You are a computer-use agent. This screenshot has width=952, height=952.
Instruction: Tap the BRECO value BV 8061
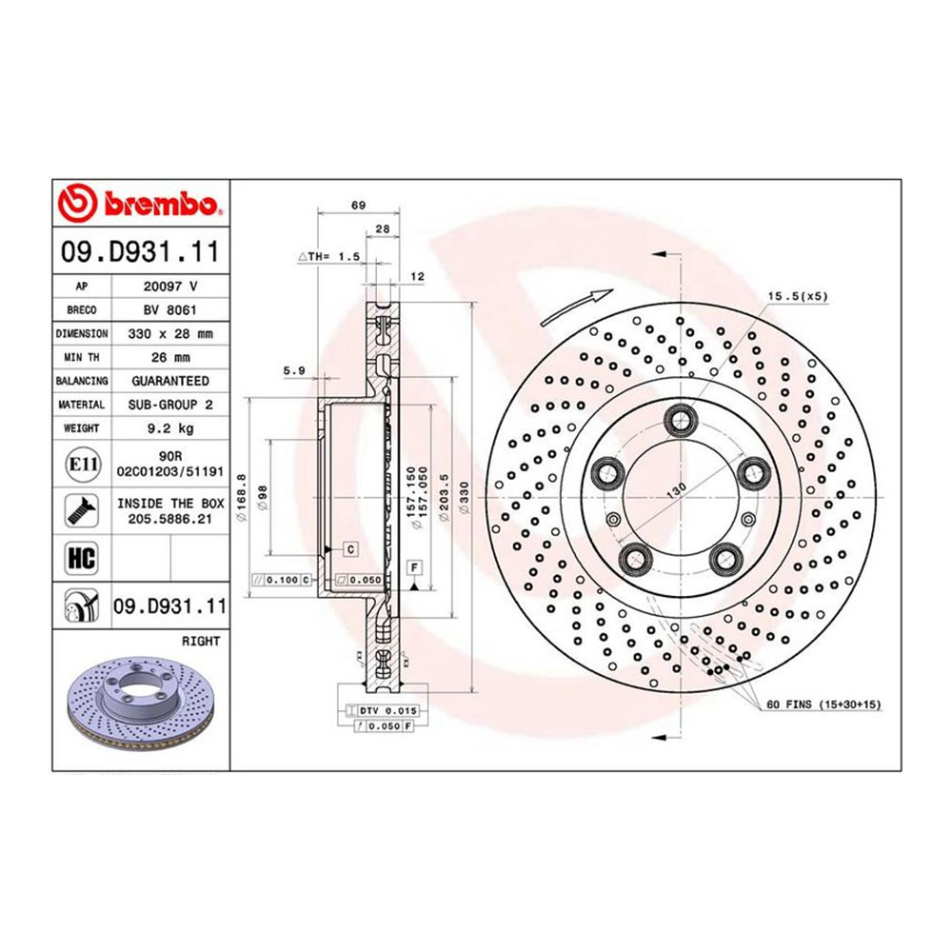tap(162, 309)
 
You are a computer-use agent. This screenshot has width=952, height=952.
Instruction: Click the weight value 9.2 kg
tap(162, 428)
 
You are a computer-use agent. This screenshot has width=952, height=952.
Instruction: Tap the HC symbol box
tap(76, 555)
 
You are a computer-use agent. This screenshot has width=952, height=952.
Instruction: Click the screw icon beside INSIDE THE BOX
tap(78, 510)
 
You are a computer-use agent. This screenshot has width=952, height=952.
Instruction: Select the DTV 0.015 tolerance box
tap(387, 710)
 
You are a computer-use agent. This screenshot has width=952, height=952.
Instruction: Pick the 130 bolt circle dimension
tap(677, 489)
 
